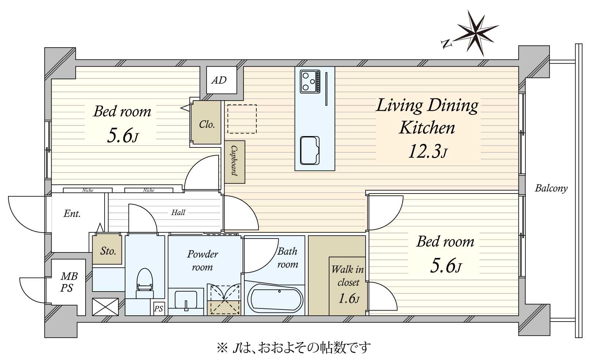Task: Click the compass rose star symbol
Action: coord(478,33)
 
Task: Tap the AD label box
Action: coord(219,80)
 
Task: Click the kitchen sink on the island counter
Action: coord(310,150)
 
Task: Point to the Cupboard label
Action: coord(234,161)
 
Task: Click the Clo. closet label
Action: coord(207,124)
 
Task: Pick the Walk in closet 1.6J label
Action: coord(348,284)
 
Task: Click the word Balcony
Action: coord(551,188)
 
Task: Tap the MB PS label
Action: coord(68,282)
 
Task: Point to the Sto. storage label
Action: coord(108,251)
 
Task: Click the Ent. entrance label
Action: coord(72,214)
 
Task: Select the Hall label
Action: coord(178,212)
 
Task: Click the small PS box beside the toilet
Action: coord(158,309)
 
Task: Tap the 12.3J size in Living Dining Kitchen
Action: coord(427,151)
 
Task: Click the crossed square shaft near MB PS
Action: coord(105,307)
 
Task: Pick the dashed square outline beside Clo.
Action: coord(242,119)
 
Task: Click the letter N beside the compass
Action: coord(446,44)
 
